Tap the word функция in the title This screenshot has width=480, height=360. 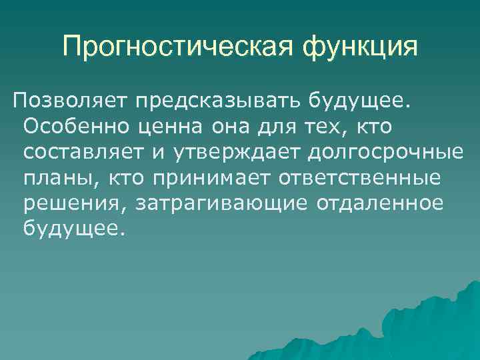coord(360,47)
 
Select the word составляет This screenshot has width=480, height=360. coord(83,152)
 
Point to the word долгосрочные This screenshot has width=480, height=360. coord(385,153)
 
